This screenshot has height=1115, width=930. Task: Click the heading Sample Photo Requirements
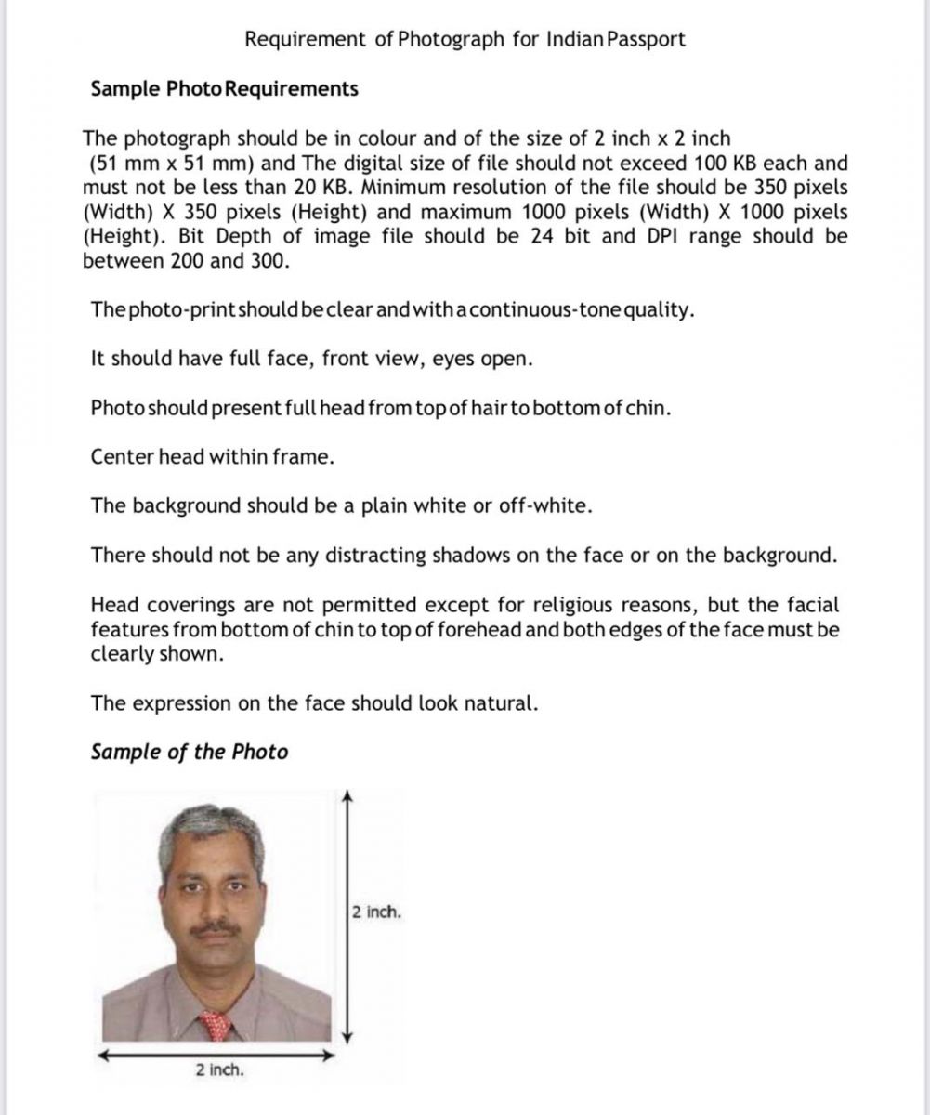tap(224, 89)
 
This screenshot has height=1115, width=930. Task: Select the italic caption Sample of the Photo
tap(190, 752)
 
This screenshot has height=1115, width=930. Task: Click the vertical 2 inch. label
tap(377, 912)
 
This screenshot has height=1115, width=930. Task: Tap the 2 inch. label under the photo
tap(220, 1069)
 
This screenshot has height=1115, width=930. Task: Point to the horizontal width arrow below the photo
tap(216, 1055)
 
